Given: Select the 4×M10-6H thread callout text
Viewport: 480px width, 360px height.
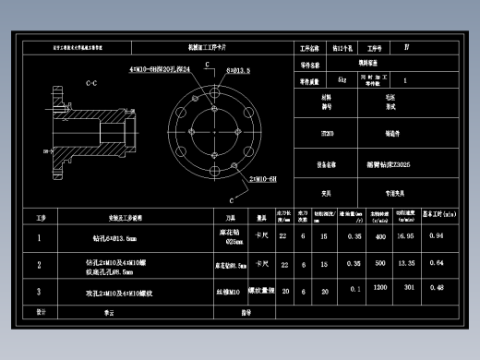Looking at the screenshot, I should tap(161, 69).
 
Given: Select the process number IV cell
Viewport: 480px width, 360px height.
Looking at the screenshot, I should tap(407, 46).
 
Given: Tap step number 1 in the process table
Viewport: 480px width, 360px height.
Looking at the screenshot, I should tap(40, 237).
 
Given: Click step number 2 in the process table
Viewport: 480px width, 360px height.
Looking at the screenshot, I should tap(40, 264).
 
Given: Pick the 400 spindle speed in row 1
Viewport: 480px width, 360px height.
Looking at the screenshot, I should tap(378, 236).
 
